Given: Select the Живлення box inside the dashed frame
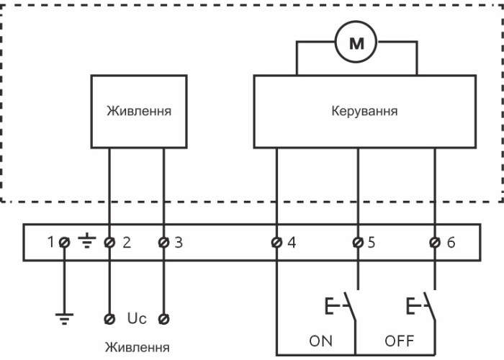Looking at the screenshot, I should point(138,112).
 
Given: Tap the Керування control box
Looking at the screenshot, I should point(364,112).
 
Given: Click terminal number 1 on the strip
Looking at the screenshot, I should point(63,243).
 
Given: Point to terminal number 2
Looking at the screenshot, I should point(109,243).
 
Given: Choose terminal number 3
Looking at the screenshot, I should point(164,243).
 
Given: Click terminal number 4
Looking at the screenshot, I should point(276,243).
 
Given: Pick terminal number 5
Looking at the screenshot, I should point(357,243).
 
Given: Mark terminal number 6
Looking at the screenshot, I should point(435,243).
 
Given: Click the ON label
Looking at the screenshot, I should point(320,341).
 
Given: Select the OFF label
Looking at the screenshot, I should point(400,341).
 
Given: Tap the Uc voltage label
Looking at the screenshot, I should point(137,318).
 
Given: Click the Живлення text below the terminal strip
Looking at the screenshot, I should point(138,348).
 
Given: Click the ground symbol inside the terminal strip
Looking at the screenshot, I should point(86,243).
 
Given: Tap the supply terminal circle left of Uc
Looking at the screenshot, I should point(109,318).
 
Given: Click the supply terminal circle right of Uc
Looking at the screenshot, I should point(164,318).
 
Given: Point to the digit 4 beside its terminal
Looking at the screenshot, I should point(292,243).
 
